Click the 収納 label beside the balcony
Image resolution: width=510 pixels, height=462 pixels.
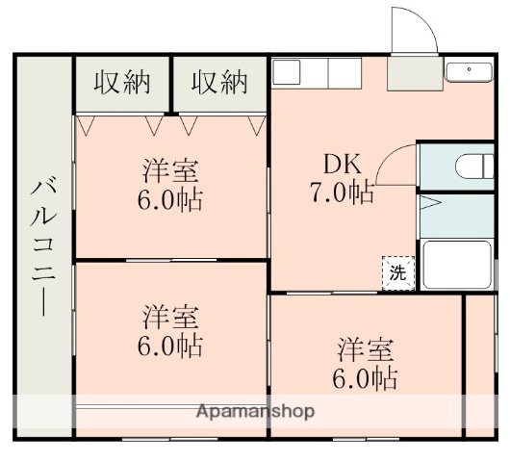(122, 84)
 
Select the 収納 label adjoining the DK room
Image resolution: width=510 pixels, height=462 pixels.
(218, 84)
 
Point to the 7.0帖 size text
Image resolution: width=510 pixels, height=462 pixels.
(342, 192)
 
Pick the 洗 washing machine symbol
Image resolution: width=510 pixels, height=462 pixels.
(397, 272)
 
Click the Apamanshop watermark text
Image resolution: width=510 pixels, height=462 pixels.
(255, 411)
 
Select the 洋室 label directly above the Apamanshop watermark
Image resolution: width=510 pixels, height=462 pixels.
(172, 317)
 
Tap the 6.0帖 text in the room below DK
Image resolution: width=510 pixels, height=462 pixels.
(367, 378)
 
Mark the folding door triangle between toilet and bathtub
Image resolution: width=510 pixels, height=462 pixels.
(429, 204)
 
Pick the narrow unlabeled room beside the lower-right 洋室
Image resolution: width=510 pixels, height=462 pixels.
(480, 366)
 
